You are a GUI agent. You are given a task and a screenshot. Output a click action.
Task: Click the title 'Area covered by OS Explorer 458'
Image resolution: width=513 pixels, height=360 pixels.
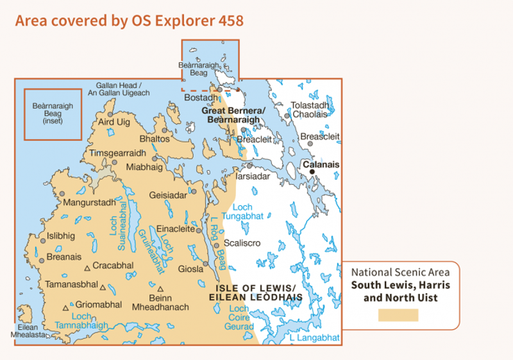pos(129,21)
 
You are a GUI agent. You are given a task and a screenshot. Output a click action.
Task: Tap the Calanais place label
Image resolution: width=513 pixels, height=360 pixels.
pos(321,165)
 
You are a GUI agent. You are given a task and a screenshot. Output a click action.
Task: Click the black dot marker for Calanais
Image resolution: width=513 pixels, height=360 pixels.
pos(312,172)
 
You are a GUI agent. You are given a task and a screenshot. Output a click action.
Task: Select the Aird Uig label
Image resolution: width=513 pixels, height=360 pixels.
pos(114,121)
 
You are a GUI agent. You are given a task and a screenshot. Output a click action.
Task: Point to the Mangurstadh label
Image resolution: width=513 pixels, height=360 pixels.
pos(89,203)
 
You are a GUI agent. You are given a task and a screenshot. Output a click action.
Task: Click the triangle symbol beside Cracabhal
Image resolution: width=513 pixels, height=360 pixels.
pos(87,268)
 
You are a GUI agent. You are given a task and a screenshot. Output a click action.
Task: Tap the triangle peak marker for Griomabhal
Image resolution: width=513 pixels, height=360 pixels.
pos(65,308)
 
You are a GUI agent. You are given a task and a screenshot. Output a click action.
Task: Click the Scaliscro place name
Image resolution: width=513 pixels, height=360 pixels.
pos(242,243)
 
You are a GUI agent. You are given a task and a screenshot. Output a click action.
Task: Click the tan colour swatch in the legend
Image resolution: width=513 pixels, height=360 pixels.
pos(398,315)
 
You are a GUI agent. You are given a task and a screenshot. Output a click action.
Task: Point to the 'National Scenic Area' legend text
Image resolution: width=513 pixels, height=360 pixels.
pos(400,272)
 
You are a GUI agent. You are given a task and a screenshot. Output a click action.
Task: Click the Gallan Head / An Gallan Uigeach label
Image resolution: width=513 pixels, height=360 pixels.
pos(122,89)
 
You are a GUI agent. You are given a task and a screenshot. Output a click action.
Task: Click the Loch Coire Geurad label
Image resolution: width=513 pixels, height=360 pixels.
pos(239,318)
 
